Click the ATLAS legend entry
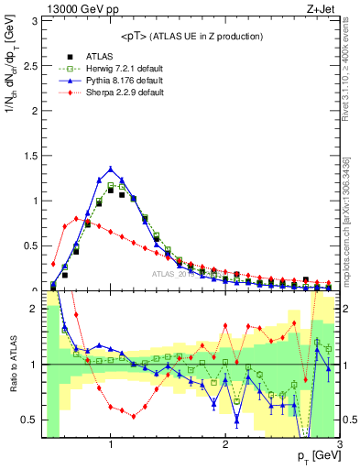click(100, 56)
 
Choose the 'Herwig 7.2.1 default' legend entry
click(125, 69)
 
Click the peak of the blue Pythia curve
click(111, 169)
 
